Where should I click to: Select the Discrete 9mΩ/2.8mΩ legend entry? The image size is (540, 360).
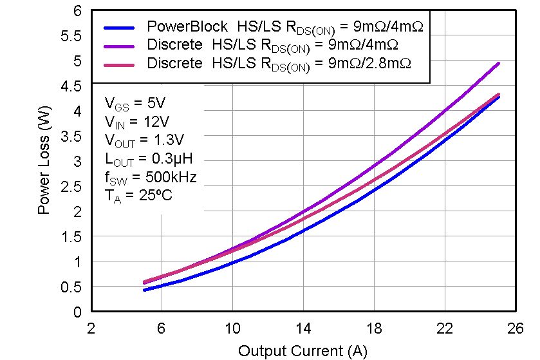279,64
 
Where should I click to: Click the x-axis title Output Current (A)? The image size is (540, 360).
303,351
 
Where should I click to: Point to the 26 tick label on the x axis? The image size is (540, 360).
514,328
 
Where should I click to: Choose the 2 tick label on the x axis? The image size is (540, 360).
91,328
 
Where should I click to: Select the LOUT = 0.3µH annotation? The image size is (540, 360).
148,158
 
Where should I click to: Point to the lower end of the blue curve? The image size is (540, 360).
145,290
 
